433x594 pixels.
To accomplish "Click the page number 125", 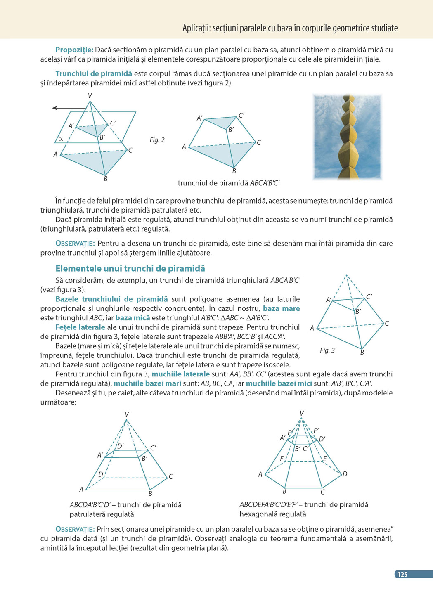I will point(402,574).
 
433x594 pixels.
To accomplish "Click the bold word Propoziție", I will point(74,50).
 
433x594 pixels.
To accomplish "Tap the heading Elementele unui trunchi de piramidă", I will point(130,268).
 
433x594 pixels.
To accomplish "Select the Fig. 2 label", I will point(157,140).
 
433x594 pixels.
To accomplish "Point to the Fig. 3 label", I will point(327,350).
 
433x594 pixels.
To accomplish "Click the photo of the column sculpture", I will point(348,137).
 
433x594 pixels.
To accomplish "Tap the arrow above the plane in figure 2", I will point(69,108).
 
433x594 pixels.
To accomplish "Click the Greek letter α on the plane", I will point(61,139).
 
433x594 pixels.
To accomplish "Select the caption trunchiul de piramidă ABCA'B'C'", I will point(229,183).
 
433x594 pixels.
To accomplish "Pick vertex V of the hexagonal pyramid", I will point(302,413).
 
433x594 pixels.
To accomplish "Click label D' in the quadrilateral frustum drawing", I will point(120,446).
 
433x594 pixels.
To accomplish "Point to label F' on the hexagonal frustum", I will point(290,433).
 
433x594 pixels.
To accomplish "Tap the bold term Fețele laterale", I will point(80,327).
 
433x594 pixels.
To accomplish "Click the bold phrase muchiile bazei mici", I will point(279,383).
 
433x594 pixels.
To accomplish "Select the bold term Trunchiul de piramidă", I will point(94,73).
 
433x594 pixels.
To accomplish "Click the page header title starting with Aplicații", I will point(290,28).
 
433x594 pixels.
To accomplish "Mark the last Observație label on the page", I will point(75,529).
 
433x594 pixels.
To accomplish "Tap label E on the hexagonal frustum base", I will point(325,459).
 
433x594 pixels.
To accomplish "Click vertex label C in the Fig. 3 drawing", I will point(387,323).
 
